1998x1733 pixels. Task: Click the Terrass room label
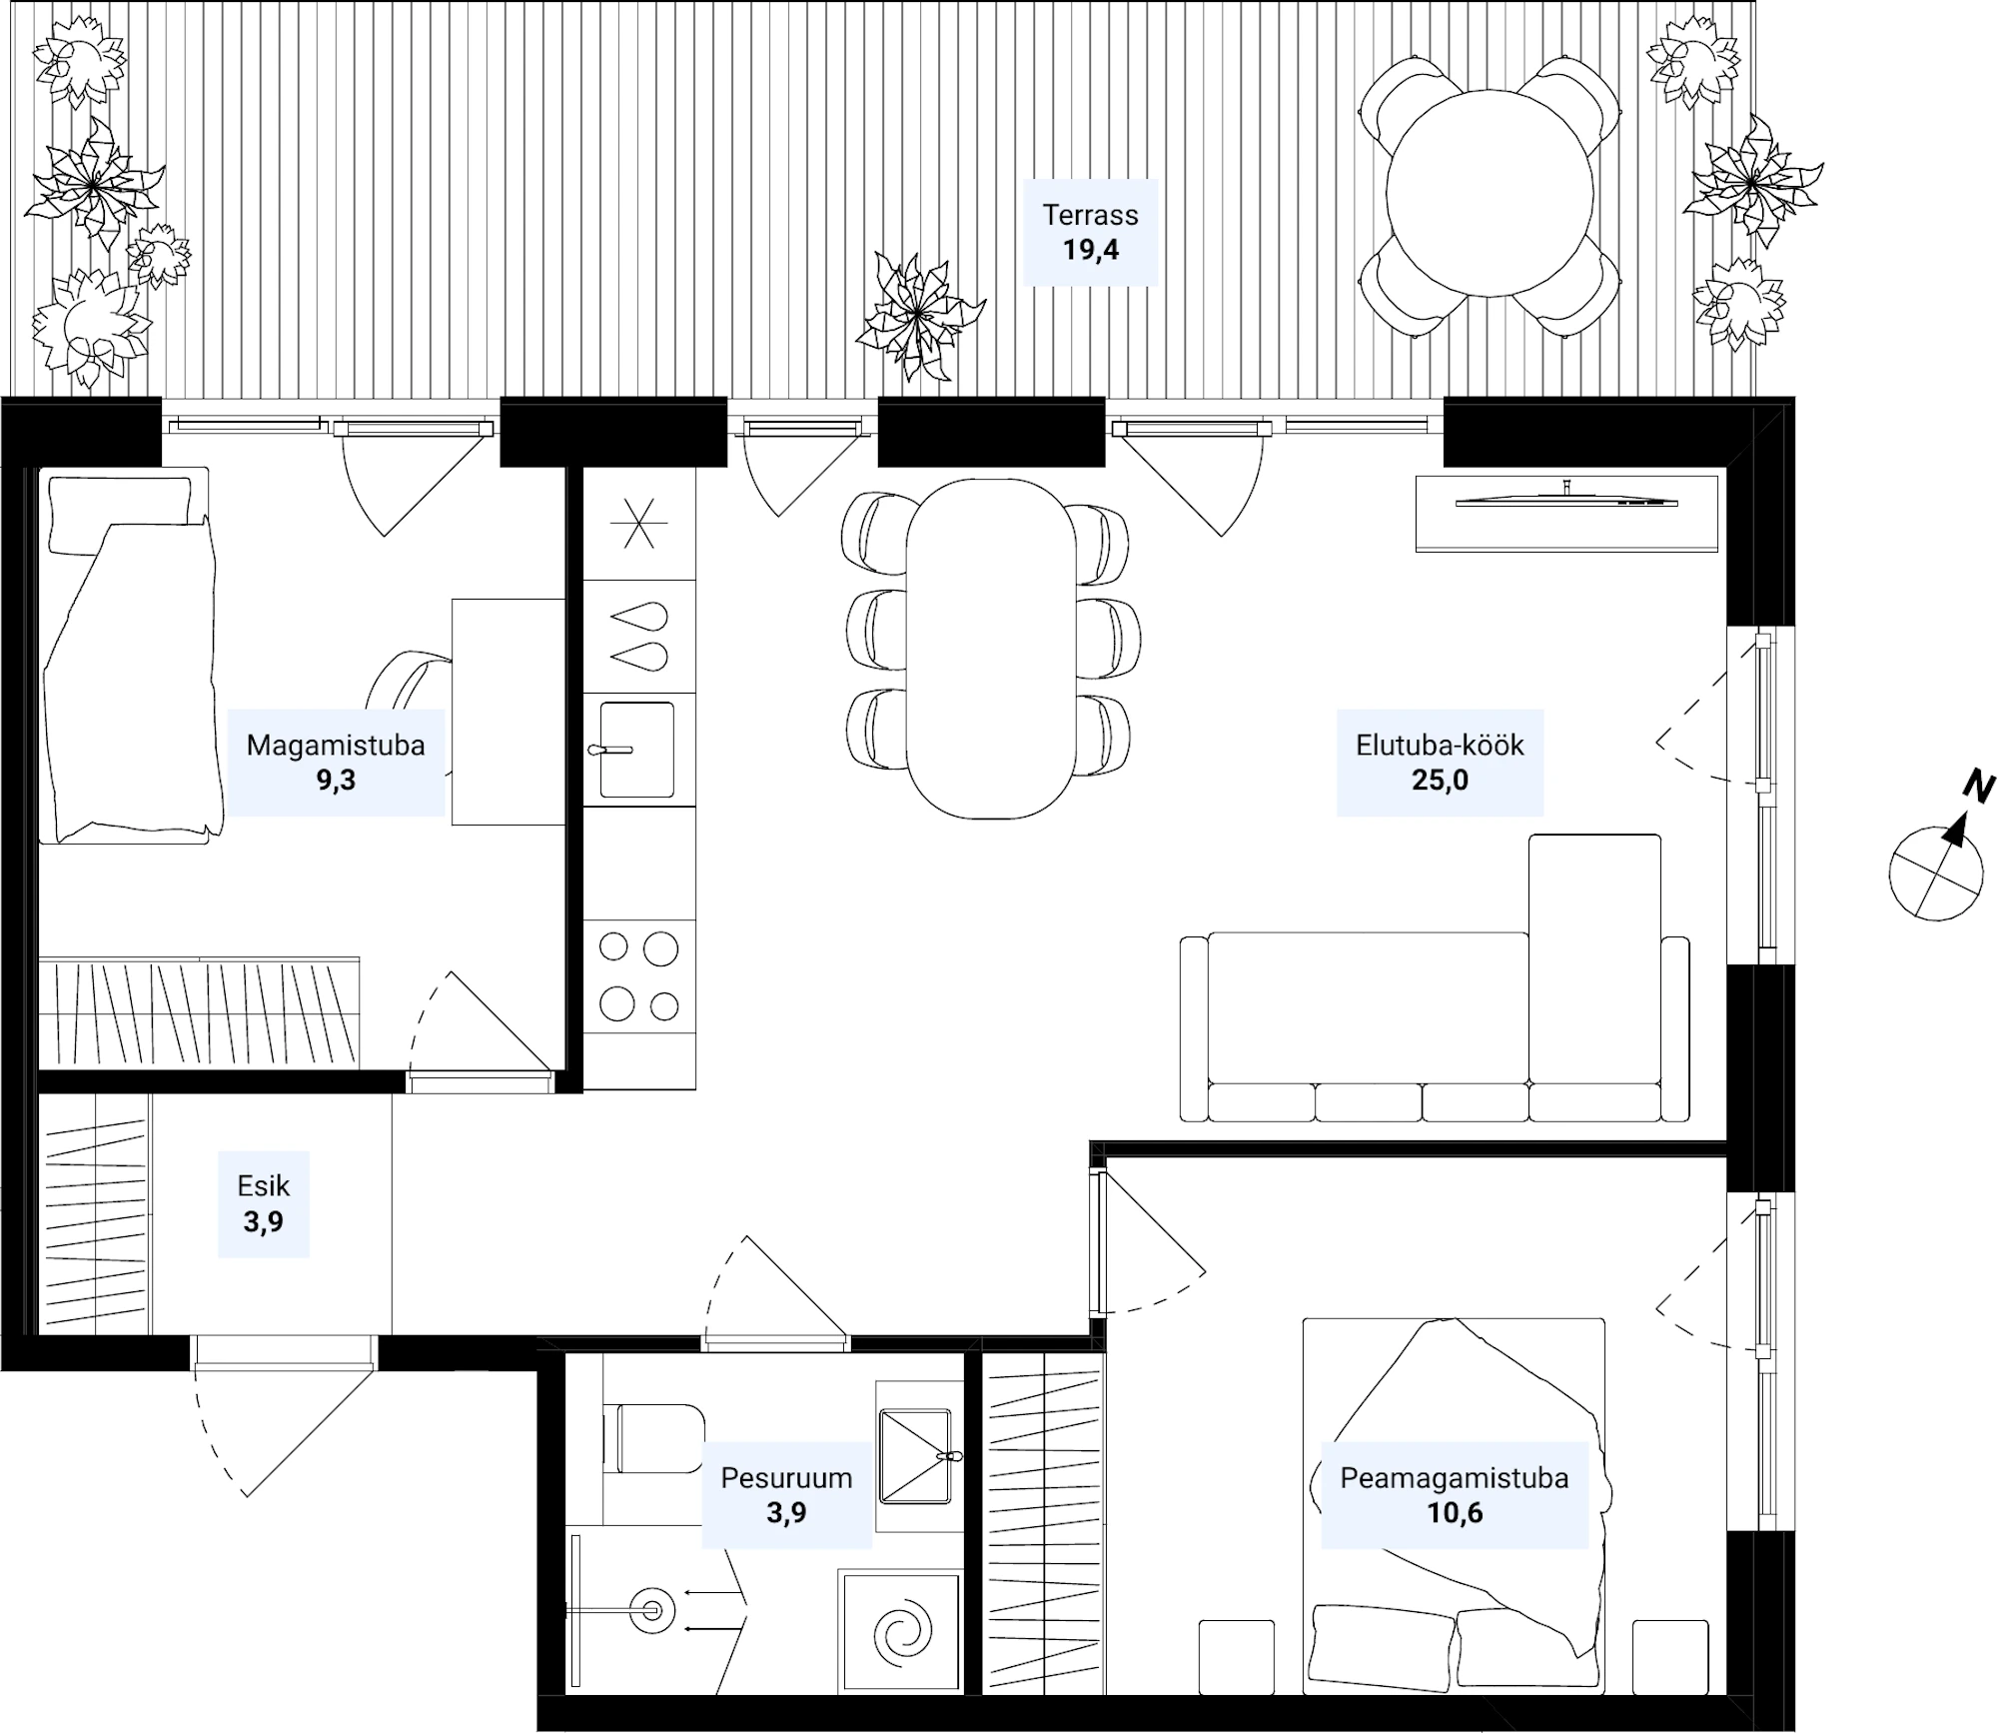coord(1090,232)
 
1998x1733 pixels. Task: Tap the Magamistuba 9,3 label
coord(336,763)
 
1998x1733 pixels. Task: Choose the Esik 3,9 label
coord(264,1203)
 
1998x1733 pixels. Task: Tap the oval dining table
coord(991,649)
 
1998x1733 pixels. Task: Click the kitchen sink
coord(636,750)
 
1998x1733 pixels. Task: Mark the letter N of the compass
coord(1978,788)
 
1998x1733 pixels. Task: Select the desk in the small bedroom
coord(508,712)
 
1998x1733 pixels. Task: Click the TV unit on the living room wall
coord(1566,513)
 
